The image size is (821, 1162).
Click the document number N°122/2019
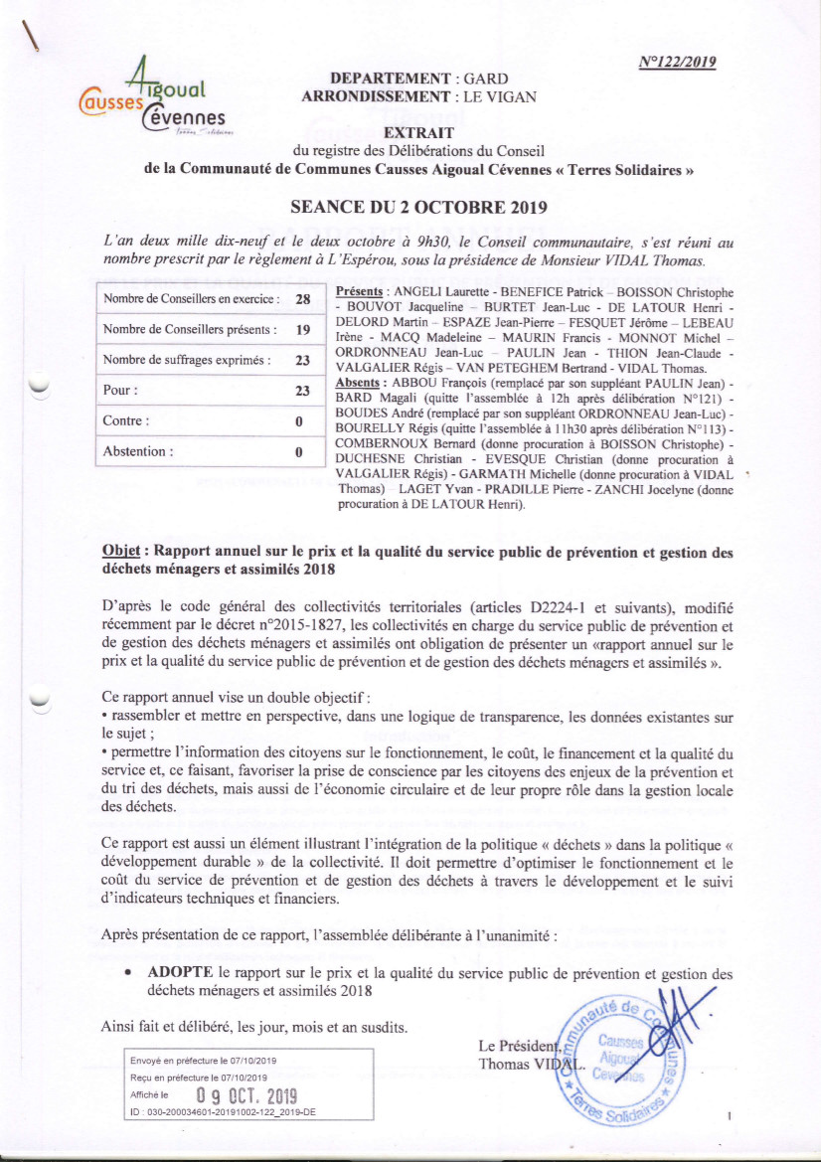point(677,62)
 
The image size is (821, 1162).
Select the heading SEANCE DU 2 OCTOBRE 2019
point(418,210)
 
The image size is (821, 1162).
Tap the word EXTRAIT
point(418,132)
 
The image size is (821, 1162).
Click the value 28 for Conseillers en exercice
point(304,298)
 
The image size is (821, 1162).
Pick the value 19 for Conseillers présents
point(304,329)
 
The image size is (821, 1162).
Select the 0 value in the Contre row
point(298,420)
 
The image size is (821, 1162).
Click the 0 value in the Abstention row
point(298,451)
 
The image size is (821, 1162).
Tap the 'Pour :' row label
point(121,391)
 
